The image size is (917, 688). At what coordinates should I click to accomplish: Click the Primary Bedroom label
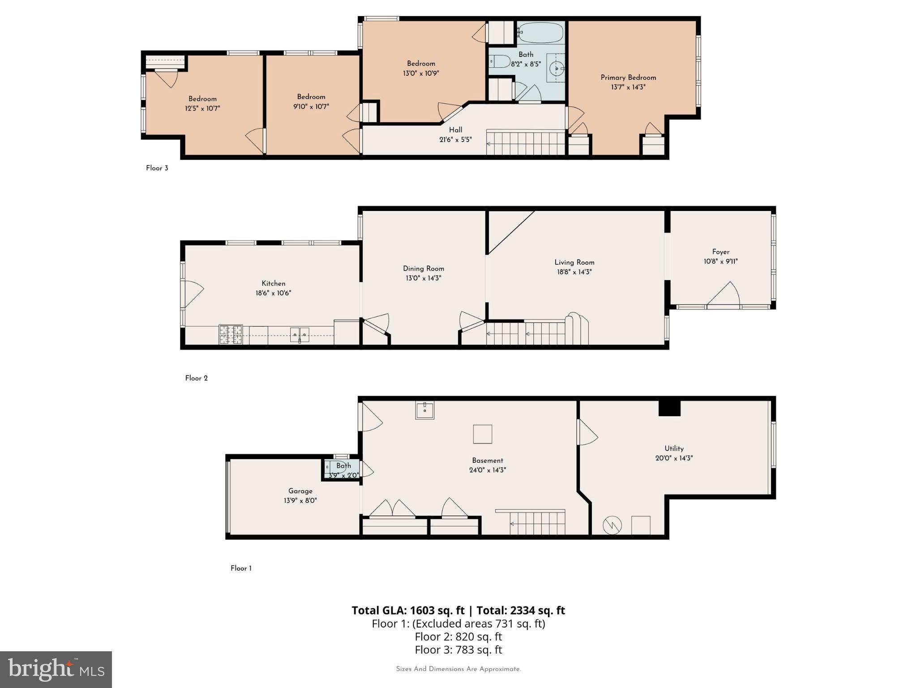628,77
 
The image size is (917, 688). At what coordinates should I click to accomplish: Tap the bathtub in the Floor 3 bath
540,33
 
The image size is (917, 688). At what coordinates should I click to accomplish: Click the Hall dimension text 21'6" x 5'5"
455,140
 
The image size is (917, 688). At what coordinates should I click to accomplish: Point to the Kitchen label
273,284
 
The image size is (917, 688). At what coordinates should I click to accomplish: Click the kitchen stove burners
231,335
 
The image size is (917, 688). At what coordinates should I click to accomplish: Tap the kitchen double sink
300,334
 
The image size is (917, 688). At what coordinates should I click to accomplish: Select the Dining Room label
423,269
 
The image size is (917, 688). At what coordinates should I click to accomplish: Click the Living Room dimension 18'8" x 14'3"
574,272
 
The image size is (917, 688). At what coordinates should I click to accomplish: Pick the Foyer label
720,252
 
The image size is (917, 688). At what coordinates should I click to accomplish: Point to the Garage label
300,491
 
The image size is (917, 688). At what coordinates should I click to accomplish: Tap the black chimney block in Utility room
669,408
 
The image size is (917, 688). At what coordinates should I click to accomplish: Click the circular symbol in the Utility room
612,525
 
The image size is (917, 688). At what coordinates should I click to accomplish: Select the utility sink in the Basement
424,410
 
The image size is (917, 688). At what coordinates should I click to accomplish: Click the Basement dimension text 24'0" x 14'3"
487,470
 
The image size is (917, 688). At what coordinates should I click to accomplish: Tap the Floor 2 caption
196,378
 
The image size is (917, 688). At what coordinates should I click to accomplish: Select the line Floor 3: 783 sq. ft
458,649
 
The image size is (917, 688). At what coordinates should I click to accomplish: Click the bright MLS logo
56,670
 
